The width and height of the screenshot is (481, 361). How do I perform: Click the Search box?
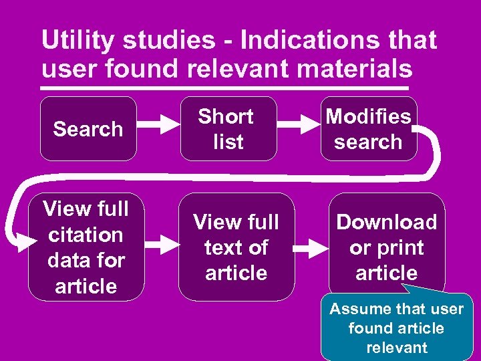pyautogui.click(x=88, y=128)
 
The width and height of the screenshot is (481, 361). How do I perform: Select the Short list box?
pyautogui.click(x=227, y=128)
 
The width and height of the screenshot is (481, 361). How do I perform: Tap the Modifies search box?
pyautogui.click(x=368, y=128)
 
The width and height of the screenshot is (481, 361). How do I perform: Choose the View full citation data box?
pyautogui.click(x=86, y=247)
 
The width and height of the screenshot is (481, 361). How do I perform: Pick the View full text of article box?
pyautogui.click(x=236, y=247)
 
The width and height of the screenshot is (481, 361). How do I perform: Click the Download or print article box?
pyautogui.click(x=386, y=247)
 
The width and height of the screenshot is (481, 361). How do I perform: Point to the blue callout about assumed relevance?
pyautogui.click(x=397, y=328)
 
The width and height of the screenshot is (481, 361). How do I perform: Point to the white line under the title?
pyautogui.click(x=224, y=88)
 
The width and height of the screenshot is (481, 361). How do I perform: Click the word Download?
pyautogui.click(x=386, y=222)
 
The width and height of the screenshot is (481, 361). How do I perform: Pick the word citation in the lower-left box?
pyautogui.click(x=86, y=235)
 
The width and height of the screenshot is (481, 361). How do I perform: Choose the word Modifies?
pyautogui.click(x=368, y=116)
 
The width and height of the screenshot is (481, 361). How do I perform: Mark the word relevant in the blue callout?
pyautogui.click(x=397, y=347)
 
